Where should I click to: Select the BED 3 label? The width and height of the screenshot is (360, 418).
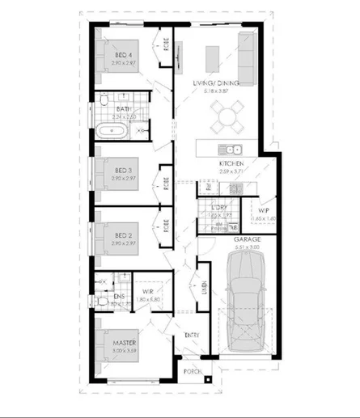[x=123, y=170]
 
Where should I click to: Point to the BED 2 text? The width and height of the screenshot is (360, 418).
[x=123, y=235]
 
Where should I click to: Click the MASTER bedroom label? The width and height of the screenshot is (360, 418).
[x=124, y=344]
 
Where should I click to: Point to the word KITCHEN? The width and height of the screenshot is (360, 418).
[x=231, y=164]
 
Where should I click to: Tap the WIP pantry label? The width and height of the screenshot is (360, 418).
[x=263, y=211]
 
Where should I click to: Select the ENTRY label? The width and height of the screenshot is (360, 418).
[x=192, y=335]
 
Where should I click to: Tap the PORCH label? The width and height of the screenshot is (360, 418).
[x=192, y=371]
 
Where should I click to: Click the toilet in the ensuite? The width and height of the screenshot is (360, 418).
[x=102, y=304]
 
